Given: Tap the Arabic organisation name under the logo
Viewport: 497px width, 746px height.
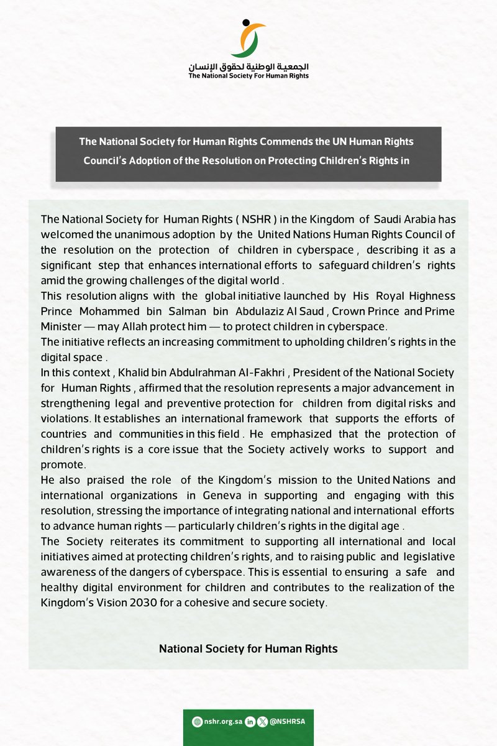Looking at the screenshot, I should click(248, 67).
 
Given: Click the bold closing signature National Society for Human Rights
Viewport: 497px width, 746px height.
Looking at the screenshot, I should click(248, 648).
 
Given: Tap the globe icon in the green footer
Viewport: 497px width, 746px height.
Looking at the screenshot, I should click(198, 722).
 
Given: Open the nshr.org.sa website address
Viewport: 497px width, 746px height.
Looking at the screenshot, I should click(223, 722).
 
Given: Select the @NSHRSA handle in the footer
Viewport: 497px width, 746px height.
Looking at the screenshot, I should click(286, 722).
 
